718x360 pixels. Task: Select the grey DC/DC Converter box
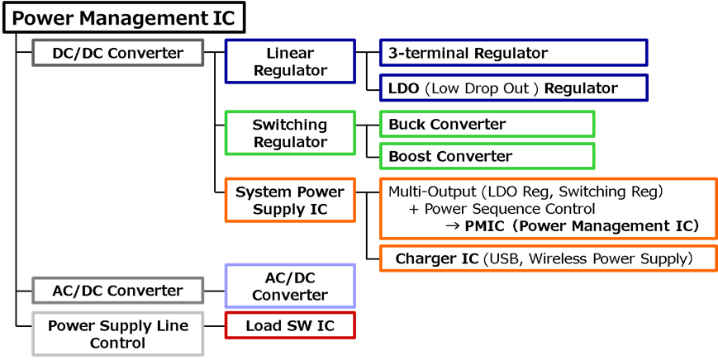coord(117,54)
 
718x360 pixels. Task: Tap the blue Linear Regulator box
coord(290,62)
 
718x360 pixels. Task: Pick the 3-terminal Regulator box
coord(513,53)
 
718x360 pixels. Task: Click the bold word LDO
coord(403,88)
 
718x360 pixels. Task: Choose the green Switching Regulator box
coord(290,134)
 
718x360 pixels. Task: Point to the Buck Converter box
coord(487,125)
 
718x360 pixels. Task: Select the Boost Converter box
coord(487,156)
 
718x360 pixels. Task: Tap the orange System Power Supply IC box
coord(290,201)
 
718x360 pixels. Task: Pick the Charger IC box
coord(548,258)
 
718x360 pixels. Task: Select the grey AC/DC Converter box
coord(117,291)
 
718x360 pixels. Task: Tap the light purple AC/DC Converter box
coord(290,286)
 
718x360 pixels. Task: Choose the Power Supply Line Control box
coord(117,334)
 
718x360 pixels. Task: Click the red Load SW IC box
coord(290,325)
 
